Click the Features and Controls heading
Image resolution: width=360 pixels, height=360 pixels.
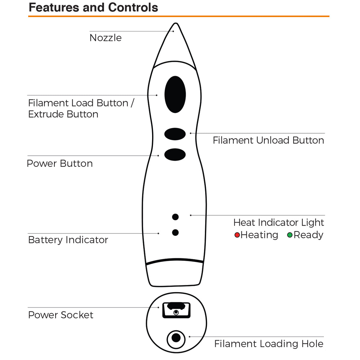(93, 7)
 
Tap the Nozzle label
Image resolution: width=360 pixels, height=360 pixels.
(106, 38)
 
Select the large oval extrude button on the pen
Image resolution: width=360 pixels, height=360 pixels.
(175, 94)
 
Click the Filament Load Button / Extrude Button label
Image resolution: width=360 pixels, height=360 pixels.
(81, 108)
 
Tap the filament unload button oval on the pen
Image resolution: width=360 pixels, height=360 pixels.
(175, 134)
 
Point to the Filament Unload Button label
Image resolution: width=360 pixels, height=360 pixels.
(268, 140)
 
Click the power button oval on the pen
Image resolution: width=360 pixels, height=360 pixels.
(175, 154)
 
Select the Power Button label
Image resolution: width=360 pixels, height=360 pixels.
(60, 163)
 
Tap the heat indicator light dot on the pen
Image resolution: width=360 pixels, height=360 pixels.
(175, 217)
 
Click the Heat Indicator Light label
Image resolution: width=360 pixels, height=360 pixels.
(278, 223)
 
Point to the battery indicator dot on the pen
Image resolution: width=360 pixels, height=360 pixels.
(175, 232)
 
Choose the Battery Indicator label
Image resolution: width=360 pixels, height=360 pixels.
(68, 240)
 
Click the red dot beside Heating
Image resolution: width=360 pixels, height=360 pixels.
(237, 235)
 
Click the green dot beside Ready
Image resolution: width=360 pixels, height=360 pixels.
(290, 235)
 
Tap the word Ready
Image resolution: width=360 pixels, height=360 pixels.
(308, 235)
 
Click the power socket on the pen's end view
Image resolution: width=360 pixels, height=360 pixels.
(176, 310)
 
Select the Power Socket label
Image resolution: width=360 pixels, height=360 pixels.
(61, 315)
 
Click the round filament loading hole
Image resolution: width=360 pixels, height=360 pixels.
(176, 338)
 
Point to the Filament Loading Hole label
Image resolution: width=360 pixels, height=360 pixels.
(269, 344)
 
